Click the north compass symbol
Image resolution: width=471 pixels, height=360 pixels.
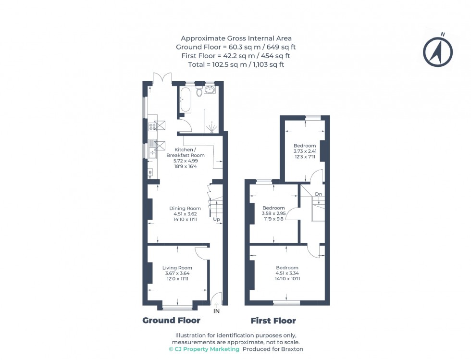(438, 50)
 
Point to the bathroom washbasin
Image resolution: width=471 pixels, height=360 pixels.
(210, 89)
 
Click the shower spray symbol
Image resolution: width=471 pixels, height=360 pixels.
(211, 127)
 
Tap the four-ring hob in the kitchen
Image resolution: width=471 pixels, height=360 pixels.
(152, 126)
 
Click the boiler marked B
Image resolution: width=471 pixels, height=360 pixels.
(150, 172)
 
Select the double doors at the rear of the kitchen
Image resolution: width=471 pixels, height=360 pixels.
(161, 78)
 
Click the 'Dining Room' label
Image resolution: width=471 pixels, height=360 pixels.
(185, 208)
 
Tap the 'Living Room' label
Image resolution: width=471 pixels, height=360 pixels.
(177, 268)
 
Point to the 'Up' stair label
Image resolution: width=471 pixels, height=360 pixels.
(217, 220)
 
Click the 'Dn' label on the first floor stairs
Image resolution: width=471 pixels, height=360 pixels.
(318, 194)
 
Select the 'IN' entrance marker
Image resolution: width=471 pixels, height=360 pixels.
(216, 311)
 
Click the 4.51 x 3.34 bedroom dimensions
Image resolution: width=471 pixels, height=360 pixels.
(287, 273)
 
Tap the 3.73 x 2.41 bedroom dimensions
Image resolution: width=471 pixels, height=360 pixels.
(305, 151)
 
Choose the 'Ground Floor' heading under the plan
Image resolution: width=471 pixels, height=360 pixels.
(171, 321)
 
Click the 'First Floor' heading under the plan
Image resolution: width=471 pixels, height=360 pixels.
(273, 321)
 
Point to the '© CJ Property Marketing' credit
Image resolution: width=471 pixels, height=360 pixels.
(204, 349)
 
